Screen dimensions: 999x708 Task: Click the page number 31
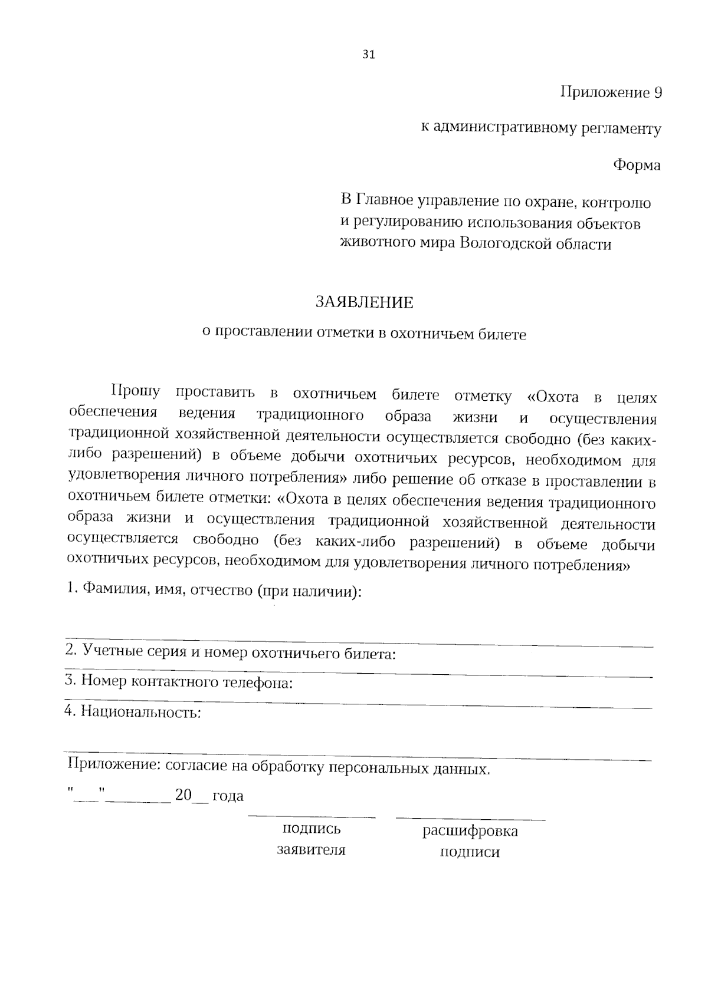[x=368, y=55]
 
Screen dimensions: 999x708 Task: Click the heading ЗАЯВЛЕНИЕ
[x=365, y=302]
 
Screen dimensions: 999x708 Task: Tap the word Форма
[x=637, y=165]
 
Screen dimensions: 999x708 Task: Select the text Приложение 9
[x=611, y=93]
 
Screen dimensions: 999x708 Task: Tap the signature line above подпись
[x=312, y=817]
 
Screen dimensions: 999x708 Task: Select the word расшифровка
[x=470, y=831]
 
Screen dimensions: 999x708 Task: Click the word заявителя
[x=312, y=849]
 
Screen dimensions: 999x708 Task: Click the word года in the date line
[x=228, y=796]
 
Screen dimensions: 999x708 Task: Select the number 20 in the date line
[x=183, y=795]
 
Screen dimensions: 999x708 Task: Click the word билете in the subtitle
[x=501, y=334]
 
